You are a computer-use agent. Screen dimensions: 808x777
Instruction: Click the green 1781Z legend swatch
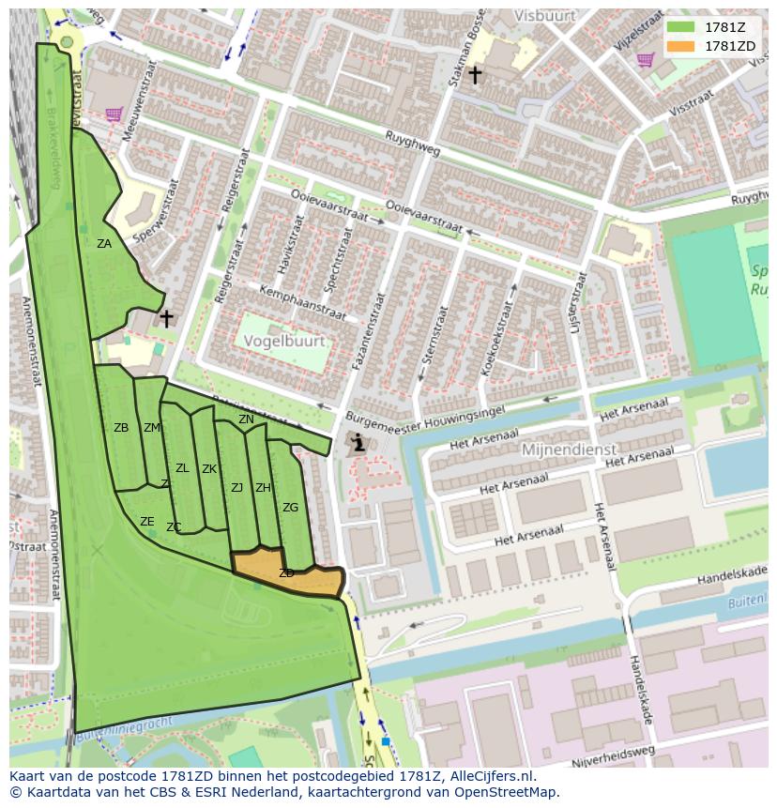tap(680, 26)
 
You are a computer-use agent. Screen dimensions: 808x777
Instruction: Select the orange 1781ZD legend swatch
tap(680, 45)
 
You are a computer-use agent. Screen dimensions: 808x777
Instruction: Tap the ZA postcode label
tap(104, 244)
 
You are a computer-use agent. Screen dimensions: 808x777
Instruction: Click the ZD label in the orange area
tap(286, 573)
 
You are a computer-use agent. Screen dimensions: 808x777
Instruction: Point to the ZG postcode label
tap(290, 508)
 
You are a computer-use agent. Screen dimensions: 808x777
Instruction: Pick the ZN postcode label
tap(246, 419)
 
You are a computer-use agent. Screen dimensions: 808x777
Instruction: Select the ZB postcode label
tap(121, 428)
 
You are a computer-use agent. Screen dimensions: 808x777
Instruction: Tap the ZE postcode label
tap(147, 522)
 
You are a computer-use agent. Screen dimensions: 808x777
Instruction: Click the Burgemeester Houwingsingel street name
tap(425, 414)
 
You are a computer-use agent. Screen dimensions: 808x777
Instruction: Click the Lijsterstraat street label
tap(578, 303)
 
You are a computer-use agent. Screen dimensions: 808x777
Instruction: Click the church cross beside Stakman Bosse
tap(476, 74)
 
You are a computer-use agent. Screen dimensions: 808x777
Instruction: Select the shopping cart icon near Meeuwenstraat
tap(114, 114)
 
